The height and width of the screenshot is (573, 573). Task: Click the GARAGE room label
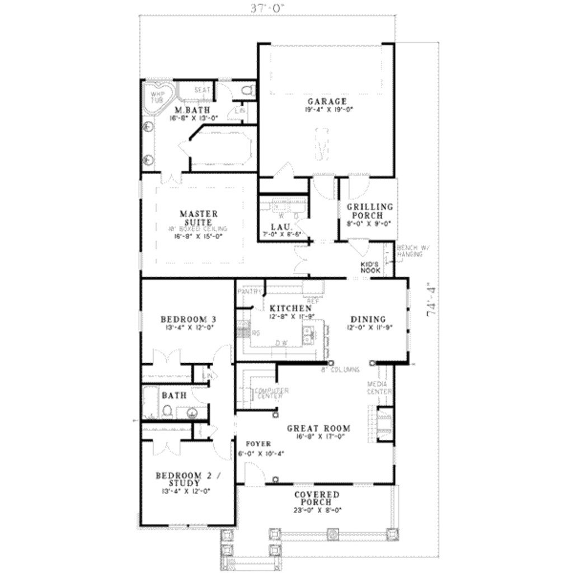[x=327, y=102]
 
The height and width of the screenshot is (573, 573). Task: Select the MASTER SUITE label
[x=199, y=218]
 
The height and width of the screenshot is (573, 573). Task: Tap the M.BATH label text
[x=188, y=110]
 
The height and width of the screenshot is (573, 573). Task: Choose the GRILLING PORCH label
[x=369, y=211]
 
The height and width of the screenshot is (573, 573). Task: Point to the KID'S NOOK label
[x=370, y=267]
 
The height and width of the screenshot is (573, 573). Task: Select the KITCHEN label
[x=290, y=308]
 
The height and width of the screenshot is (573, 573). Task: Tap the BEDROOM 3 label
[x=189, y=320]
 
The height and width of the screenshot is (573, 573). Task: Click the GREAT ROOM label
[x=318, y=429]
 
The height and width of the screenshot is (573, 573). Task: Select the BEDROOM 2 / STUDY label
[x=188, y=479]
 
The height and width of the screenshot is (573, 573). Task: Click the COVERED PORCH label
[x=317, y=498]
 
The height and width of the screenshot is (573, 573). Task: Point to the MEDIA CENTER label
[x=379, y=388]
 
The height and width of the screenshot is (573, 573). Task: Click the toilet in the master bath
[x=247, y=90]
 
